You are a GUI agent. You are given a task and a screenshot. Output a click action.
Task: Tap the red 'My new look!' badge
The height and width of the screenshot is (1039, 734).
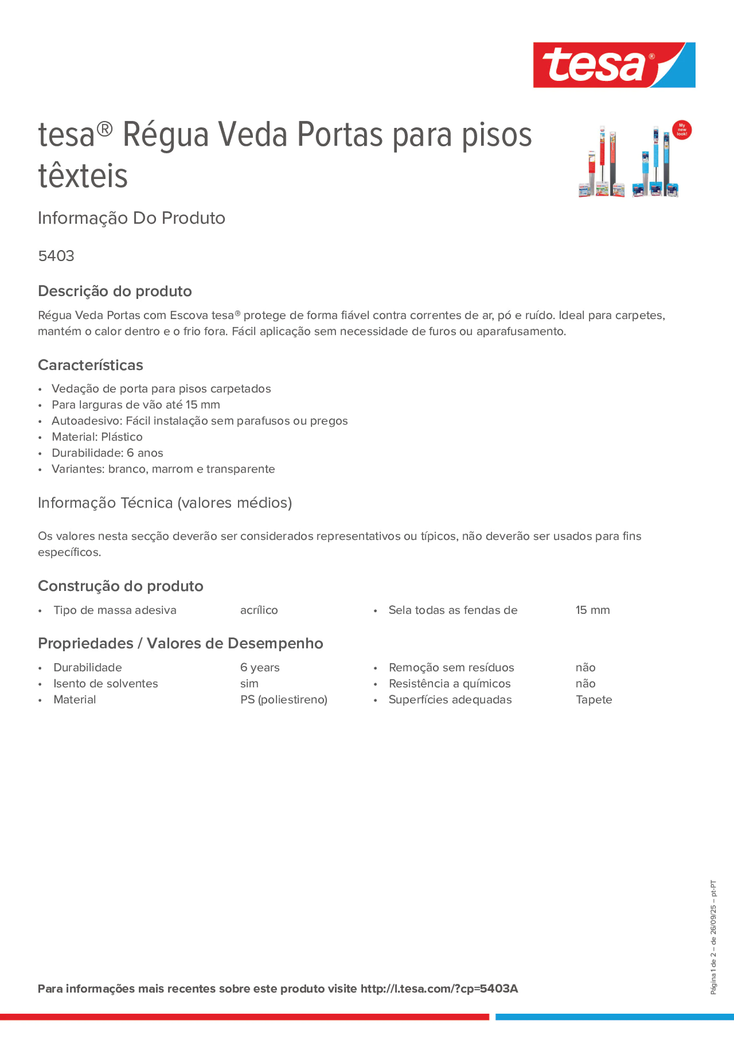point(681,130)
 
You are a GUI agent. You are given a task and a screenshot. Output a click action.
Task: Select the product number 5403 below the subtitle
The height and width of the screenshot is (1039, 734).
point(56,256)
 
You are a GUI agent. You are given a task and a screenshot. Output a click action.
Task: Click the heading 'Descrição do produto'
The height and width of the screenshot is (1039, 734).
point(114,291)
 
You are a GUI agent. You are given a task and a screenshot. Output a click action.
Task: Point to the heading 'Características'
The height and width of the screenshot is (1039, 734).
point(90,365)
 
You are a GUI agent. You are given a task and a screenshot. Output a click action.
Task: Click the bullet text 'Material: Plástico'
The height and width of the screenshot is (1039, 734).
point(97,437)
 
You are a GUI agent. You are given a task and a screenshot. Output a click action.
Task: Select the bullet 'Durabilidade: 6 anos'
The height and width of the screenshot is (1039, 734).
point(107,452)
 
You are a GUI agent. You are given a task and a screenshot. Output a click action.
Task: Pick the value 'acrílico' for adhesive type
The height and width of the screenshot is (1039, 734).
point(259,610)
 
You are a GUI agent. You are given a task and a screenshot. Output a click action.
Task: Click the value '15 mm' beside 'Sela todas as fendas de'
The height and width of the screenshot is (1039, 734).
point(592,610)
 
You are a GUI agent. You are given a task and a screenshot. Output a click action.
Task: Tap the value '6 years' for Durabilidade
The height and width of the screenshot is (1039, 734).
point(260,668)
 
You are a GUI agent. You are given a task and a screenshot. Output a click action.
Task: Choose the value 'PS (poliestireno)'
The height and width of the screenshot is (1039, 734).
point(284,700)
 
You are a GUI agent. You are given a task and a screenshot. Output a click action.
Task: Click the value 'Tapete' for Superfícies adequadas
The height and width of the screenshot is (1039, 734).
point(594,700)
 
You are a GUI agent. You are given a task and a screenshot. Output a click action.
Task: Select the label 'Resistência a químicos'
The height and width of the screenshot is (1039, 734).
point(449,683)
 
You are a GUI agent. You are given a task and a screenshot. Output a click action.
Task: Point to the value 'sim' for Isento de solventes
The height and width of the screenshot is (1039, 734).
point(249,683)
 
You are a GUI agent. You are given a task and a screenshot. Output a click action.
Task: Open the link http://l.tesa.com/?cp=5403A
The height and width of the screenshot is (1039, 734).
point(439,988)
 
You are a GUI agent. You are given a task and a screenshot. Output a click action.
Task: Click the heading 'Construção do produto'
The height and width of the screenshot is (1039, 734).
point(120,586)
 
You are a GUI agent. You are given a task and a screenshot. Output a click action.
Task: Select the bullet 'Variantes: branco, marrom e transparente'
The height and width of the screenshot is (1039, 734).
point(163,469)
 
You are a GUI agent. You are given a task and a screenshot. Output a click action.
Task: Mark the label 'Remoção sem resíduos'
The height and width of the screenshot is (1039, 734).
point(451,668)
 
